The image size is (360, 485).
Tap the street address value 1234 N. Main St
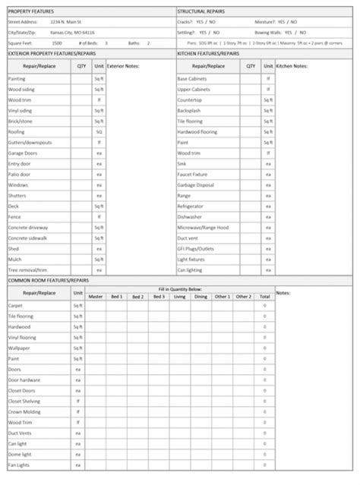coord(66,23)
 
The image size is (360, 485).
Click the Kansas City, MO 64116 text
coord(73,33)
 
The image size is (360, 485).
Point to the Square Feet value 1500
coord(56,43)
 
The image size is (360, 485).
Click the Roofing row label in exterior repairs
coord(16,131)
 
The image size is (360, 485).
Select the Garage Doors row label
coord(21,153)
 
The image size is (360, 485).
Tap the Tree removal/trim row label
coord(27,269)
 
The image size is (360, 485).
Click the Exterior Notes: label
coord(122,66)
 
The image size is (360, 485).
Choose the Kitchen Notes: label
coord(292,66)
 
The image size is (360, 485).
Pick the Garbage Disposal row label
coord(195,184)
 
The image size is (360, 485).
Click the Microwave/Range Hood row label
coord(203,227)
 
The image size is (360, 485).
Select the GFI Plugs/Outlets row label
coord(196,248)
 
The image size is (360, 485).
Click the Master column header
coord(96,296)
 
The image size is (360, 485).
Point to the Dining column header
coord(201,296)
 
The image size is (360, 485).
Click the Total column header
coord(264,296)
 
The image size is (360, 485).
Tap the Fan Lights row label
coord(18,465)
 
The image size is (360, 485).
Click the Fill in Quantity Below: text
coord(180,289)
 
